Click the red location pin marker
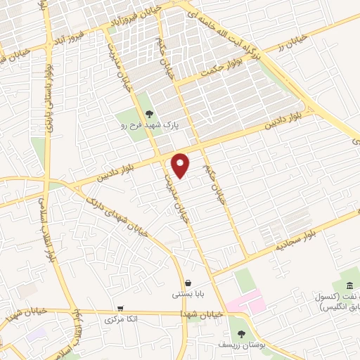point(181,165)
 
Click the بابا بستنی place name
point(187,295)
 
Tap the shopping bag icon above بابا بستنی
point(188,283)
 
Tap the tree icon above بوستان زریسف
point(241,333)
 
